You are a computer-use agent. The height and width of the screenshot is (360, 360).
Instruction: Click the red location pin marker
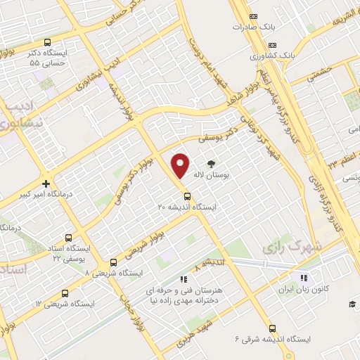(x=181, y=165)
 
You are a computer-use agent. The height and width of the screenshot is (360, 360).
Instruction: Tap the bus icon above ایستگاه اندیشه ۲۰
(x=187, y=196)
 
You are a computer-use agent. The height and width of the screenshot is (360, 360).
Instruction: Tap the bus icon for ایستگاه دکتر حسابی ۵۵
(x=47, y=42)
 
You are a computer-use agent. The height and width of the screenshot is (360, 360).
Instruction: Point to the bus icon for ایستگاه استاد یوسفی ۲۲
(x=68, y=238)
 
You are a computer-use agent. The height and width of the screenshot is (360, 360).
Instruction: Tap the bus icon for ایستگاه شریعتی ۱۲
(x=65, y=293)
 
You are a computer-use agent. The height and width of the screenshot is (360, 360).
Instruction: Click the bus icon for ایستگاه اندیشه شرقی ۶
(x=272, y=328)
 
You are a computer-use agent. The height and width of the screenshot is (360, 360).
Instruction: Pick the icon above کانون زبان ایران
(x=304, y=277)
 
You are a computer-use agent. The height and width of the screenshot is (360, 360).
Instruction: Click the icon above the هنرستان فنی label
(x=184, y=278)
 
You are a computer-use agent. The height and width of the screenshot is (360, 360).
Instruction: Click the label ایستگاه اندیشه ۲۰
(x=188, y=207)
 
